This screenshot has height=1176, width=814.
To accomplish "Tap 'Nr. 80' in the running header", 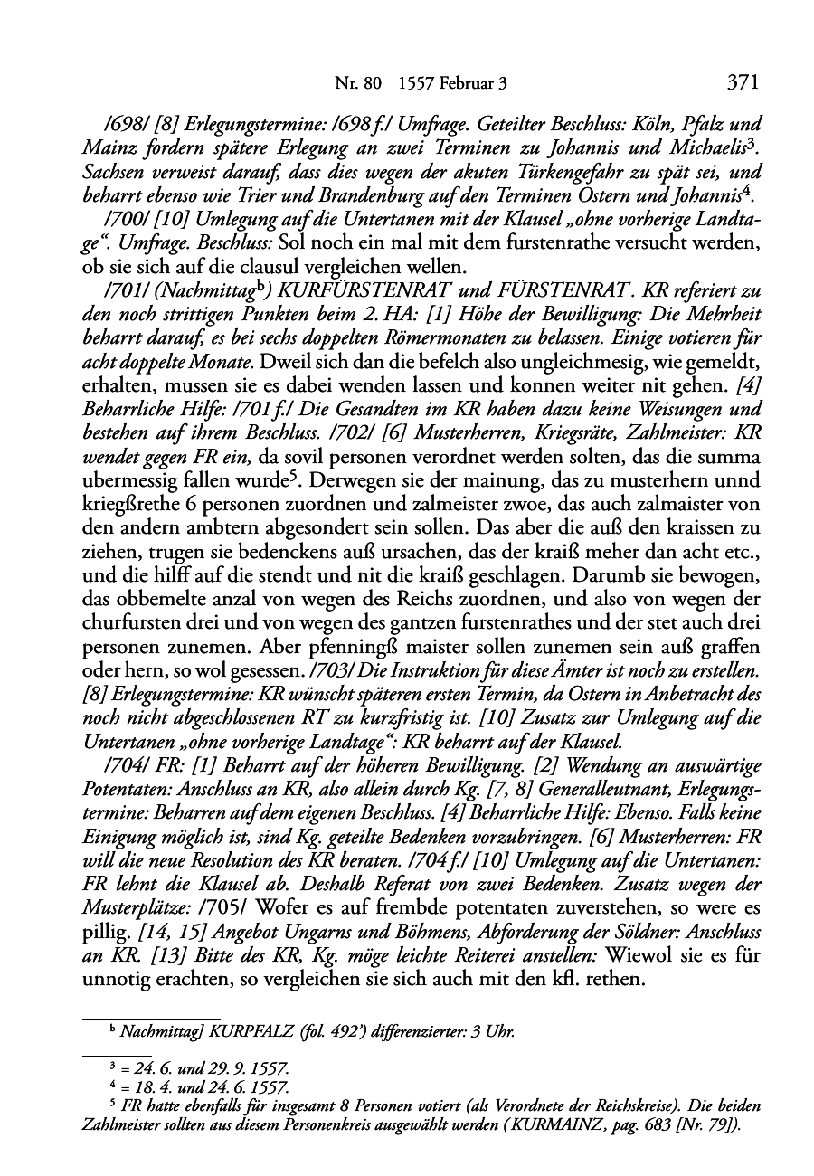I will click(354, 85).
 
